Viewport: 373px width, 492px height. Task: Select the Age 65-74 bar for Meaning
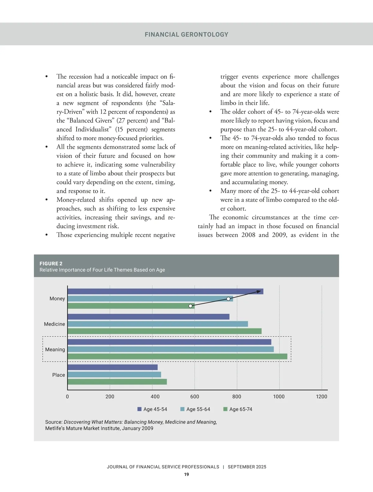pyautogui.click(x=177, y=356)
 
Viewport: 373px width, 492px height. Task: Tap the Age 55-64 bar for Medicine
pyautogui.click(x=158, y=324)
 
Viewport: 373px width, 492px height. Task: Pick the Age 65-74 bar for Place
pyautogui.click(x=117, y=382)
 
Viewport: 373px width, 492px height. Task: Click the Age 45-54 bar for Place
pyautogui.click(x=113, y=367)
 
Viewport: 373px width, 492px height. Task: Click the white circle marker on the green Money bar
pyautogui.click(x=191, y=306)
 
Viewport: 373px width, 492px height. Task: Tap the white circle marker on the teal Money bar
pyautogui.click(x=228, y=299)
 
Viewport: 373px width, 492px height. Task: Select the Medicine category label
pyautogui.click(x=54, y=324)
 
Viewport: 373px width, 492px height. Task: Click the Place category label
pyautogui.click(x=58, y=375)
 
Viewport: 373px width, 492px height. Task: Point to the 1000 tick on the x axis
pyautogui.click(x=279, y=397)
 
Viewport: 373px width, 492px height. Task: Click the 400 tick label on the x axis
pyautogui.click(x=155, y=397)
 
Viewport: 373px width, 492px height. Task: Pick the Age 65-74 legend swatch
pyautogui.click(x=225, y=409)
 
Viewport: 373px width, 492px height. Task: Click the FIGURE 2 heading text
pyautogui.click(x=51, y=263)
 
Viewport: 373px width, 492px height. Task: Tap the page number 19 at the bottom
pyautogui.click(x=186, y=474)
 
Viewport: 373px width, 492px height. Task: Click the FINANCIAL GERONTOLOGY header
pyautogui.click(x=186, y=35)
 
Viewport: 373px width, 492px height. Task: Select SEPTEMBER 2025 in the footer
pyautogui.click(x=247, y=467)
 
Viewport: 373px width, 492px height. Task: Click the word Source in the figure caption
pyautogui.click(x=53, y=422)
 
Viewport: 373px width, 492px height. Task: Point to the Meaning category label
pyautogui.click(x=55, y=350)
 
